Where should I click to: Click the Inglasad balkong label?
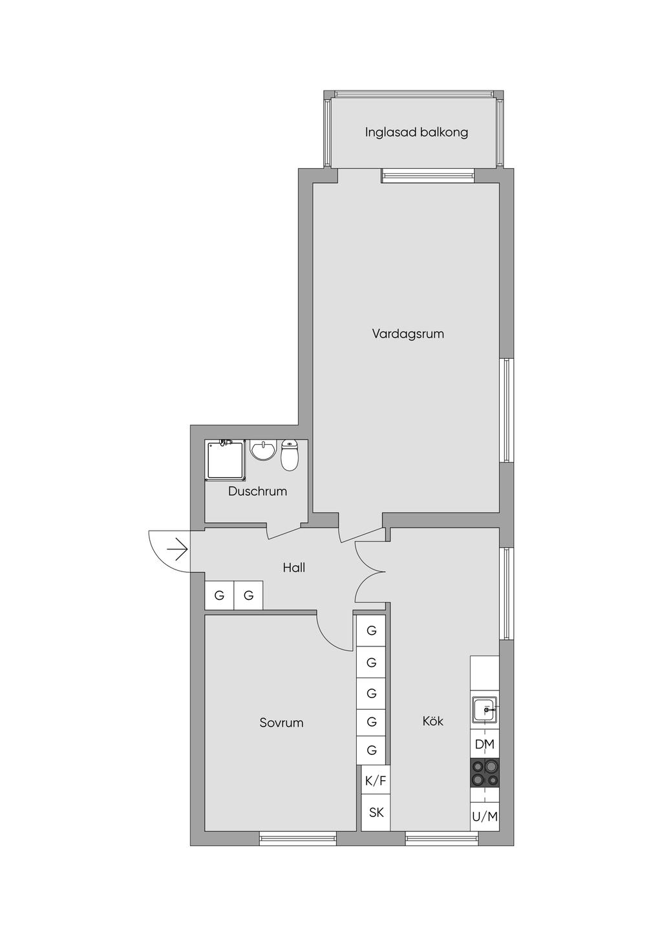pos(416,133)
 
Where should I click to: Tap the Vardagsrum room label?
pos(408,334)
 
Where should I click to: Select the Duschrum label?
pos(257,491)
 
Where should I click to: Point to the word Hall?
pos(294,568)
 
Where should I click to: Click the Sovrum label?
pos(281,723)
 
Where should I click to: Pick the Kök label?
pos(433,721)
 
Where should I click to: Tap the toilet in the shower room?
pos(289,455)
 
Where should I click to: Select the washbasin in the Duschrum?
pos(263,450)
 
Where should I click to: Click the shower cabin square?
pos(226,460)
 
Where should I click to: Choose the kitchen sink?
pos(485,709)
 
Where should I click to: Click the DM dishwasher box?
pos(485,744)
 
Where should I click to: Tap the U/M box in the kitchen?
pos(485,816)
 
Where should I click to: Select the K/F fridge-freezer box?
pos(376,781)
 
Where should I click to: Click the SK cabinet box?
pos(376,813)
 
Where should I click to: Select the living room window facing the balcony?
pos(428,176)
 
